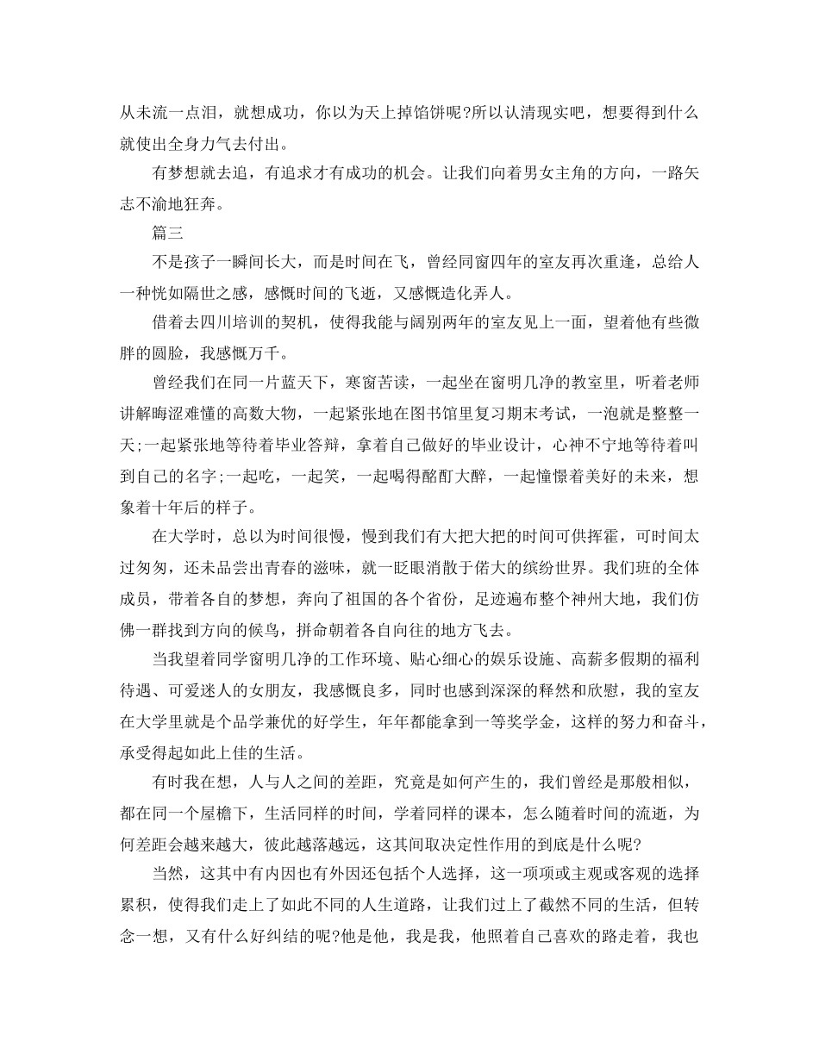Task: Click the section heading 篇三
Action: pos(169,233)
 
